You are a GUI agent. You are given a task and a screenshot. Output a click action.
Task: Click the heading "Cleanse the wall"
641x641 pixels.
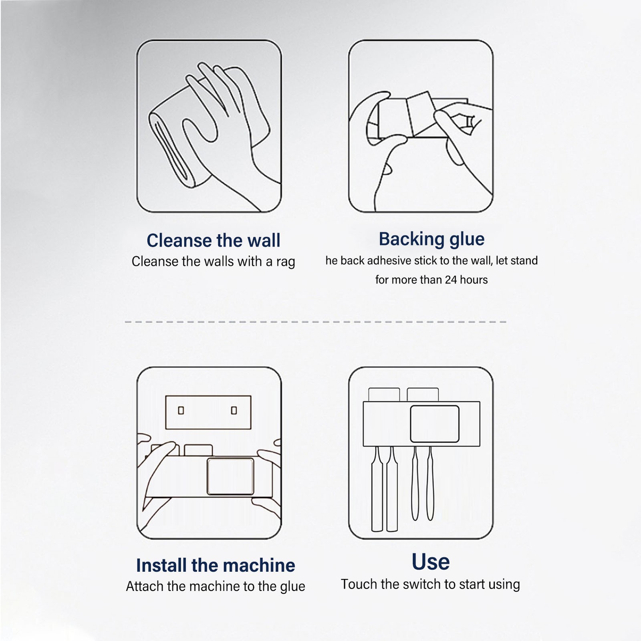click(214, 240)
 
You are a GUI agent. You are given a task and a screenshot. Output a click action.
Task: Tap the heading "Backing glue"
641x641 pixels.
click(431, 240)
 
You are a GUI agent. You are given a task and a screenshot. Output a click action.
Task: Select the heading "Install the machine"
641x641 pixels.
click(216, 565)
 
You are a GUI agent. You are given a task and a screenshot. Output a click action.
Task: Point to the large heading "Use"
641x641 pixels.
click(431, 562)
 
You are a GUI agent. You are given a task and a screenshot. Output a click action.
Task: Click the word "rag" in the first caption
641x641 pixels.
click(285, 262)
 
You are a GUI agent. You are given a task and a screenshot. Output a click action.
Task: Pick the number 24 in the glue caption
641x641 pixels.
click(451, 280)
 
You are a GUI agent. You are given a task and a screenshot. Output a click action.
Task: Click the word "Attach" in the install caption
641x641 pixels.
click(145, 586)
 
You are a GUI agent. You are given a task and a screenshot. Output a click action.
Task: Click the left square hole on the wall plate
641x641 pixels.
click(181, 410)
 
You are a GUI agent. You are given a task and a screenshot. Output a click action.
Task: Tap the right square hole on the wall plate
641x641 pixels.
click(234, 410)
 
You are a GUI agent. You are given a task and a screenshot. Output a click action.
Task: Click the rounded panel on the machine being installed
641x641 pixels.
click(230, 476)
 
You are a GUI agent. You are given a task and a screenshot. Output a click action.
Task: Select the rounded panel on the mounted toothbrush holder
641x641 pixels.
click(435, 423)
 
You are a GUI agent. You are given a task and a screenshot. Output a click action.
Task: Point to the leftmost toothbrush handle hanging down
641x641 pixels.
click(377, 489)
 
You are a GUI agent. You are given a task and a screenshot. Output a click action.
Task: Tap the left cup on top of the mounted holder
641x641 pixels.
click(384, 395)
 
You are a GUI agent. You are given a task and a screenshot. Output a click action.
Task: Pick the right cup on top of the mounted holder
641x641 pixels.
click(423, 395)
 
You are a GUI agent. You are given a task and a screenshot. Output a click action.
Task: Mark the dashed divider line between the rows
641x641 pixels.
click(316, 322)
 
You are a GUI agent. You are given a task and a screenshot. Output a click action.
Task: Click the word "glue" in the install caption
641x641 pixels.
click(292, 587)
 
